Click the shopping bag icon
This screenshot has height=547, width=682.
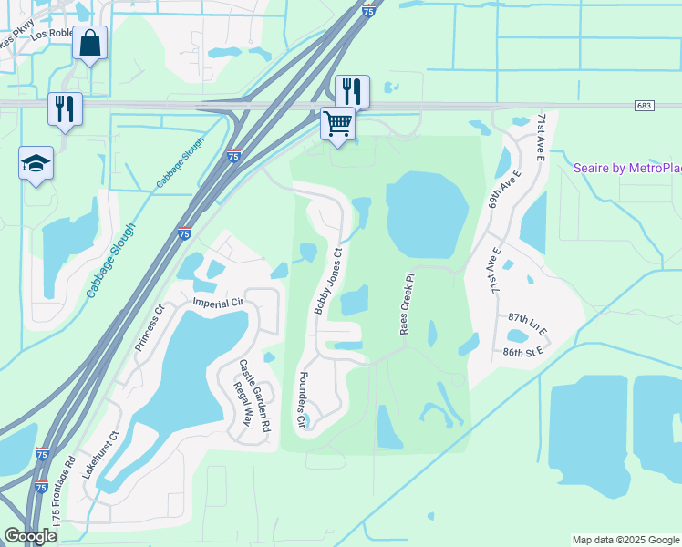pyautogui.click(x=90, y=43)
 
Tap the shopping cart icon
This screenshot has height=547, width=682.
pyautogui.click(x=337, y=123)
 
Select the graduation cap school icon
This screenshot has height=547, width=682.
pyautogui.click(x=36, y=164)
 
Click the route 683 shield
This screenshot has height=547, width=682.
pyautogui.click(x=645, y=106)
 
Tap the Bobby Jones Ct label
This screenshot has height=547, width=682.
pyautogui.click(x=328, y=282)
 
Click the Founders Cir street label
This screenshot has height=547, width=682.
pyautogui.click(x=299, y=399)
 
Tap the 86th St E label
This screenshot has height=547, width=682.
pyautogui.click(x=522, y=349)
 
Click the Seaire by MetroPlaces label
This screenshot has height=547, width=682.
pyautogui.click(x=627, y=169)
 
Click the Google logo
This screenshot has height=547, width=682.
pyautogui.click(x=30, y=536)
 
